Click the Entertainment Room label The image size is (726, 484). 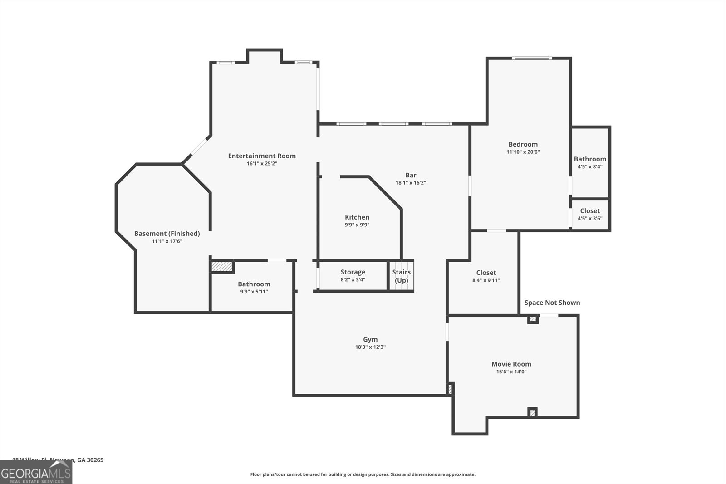[262, 156]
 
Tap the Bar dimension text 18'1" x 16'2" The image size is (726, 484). [411, 183]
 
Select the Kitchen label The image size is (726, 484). [357, 217]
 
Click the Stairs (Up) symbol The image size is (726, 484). [402, 276]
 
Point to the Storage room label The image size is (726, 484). [353, 272]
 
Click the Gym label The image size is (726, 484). [370, 339]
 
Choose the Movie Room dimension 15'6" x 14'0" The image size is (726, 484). [511, 372]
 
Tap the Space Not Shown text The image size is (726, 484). [552, 303]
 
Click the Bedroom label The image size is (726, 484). [523, 144]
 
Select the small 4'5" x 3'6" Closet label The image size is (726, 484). [590, 211]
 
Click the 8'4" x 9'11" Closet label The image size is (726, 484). [486, 273]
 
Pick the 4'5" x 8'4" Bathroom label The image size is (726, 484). [590, 159]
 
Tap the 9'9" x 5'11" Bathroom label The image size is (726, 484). [254, 284]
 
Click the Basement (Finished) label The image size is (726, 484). [167, 234]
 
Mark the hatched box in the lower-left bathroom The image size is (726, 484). [222, 266]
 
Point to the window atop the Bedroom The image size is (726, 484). [532, 58]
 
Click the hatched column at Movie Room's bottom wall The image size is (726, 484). [532, 412]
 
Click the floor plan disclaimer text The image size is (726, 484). [363, 474]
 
